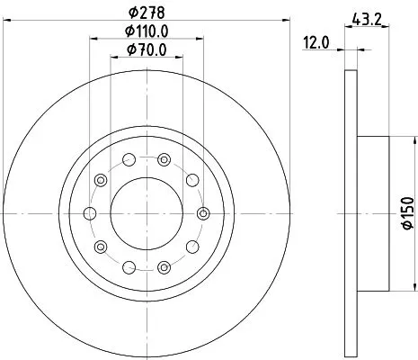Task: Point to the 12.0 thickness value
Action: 314,41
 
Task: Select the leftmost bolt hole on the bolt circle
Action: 89,213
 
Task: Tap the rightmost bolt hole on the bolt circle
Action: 203,213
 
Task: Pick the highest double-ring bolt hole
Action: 164,160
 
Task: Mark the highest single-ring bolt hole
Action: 129,160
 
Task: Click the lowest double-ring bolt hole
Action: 164,266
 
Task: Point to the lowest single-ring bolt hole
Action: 129,266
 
